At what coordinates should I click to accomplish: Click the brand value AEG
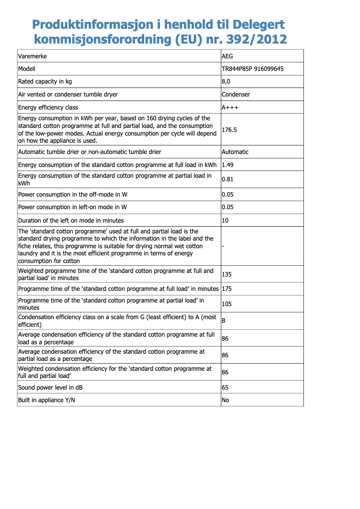click(228, 57)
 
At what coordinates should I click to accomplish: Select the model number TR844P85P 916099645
click(252, 69)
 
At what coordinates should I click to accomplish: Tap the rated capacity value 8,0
click(226, 82)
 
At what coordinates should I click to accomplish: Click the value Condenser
click(236, 94)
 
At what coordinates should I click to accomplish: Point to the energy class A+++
click(230, 107)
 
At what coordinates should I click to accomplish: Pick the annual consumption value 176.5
click(229, 130)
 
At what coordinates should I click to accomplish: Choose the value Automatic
click(235, 152)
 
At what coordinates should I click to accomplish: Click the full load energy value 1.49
click(228, 165)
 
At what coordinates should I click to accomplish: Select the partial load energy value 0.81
click(228, 180)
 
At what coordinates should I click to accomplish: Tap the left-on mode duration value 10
click(225, 220)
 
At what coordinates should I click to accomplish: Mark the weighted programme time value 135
click(227, 274)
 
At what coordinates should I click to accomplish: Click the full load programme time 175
click(227, 289)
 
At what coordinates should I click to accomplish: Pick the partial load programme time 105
click(227, 304)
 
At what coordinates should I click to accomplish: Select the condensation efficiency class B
click(224, 321)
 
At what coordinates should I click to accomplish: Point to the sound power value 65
click(225, 387)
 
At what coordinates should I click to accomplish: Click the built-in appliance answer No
click(225, 400)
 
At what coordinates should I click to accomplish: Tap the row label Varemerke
click(32, 57)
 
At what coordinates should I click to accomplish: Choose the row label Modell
click(26, 69)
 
